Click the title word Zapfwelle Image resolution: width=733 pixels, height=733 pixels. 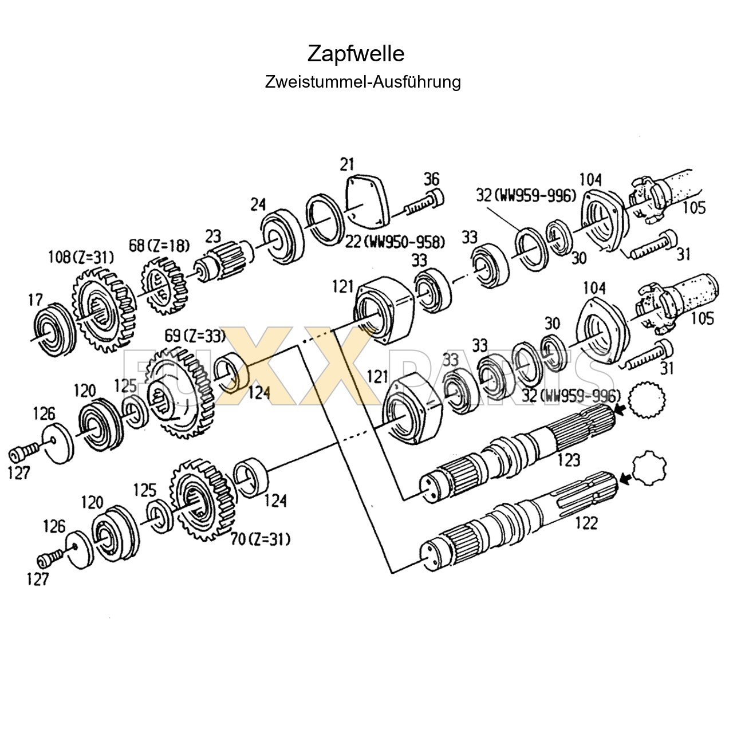tap(356, 54)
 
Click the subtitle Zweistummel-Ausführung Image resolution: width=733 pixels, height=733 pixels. tap(362, 82)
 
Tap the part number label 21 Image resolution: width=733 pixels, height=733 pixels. tap(346, 165)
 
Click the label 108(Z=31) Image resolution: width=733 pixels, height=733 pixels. tap(80, 257)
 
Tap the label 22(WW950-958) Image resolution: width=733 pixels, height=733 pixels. tap(395, 242)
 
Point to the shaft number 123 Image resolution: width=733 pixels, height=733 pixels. tap(568, 459)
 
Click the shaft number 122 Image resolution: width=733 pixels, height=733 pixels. tap(585, 522)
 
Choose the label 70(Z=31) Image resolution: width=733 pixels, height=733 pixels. tap(261, 539)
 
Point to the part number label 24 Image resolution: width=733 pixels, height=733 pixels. tap(258, 204)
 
